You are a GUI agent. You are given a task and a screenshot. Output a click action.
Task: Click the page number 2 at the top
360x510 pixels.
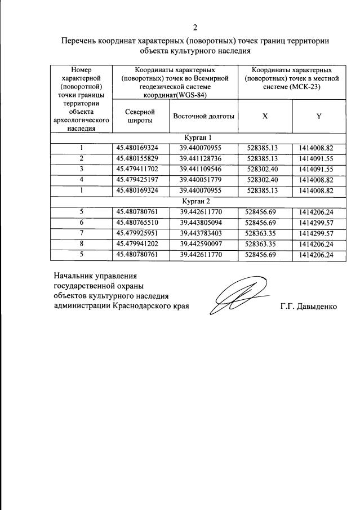[195, 27]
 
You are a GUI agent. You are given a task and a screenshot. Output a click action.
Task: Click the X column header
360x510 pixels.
[265, 116]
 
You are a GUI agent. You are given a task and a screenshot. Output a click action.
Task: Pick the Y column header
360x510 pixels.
[318, 116]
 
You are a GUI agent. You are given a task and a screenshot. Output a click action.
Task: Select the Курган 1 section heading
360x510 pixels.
[197, 138]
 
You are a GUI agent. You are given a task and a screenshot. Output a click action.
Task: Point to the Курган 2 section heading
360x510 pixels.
[197, 201]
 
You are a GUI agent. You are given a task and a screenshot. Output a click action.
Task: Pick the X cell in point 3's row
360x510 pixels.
[265, 169]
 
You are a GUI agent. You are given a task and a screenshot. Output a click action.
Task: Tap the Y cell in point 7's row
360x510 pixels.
[318, 233]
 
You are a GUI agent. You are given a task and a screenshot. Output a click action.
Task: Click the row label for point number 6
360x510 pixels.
[81, 223]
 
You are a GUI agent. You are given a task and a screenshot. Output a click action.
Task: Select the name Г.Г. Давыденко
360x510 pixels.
[308, 307]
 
